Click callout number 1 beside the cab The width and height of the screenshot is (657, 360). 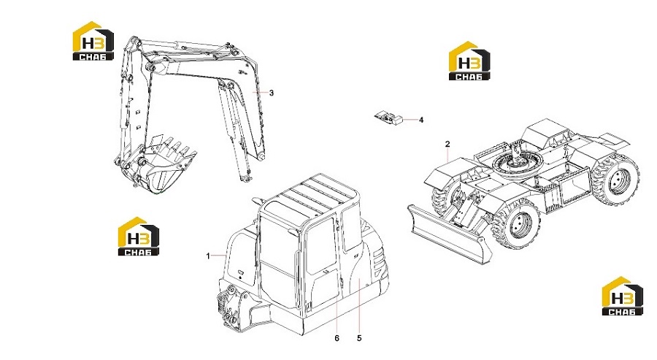[x=208, y=256]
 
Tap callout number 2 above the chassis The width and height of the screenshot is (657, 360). [x=447, y=144]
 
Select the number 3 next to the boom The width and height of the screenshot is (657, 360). [x=271, y=93]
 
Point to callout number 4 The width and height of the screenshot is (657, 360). [x=421, y=120]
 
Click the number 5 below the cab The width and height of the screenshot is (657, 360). [x=359, y=338]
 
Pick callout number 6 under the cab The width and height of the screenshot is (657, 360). [x=337, y=338]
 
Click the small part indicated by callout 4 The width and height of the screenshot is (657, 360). [x=388, y=118]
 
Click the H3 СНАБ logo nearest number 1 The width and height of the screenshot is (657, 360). [x=139, y=237]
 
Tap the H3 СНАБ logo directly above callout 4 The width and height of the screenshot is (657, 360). [x=469, y=61]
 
